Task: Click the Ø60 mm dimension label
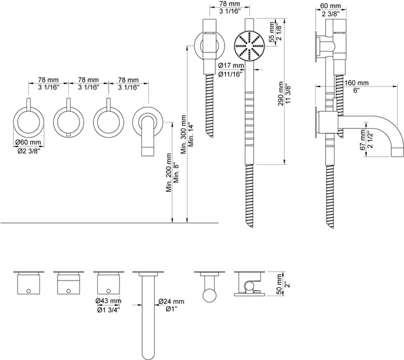pos(28,142)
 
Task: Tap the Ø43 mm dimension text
pos(108,301)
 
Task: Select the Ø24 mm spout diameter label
pos(171,301)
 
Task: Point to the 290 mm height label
pos(280,93)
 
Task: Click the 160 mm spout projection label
pos(357,83)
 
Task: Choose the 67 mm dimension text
pos(363,140)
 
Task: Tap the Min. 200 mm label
pos(169,172)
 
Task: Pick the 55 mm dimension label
pos(272,32)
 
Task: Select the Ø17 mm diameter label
pos(231,66)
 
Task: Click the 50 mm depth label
pos(279,284)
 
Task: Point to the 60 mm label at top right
pos(331,6)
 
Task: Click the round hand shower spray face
pos(249,46)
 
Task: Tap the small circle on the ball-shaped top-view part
pos(209,296)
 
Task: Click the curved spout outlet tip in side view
pos(398,152)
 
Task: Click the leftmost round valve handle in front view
pos(28,122)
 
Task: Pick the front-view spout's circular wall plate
pos(148,122)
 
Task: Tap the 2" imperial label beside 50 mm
pos(288,284)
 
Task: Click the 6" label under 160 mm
pos(356,90)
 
